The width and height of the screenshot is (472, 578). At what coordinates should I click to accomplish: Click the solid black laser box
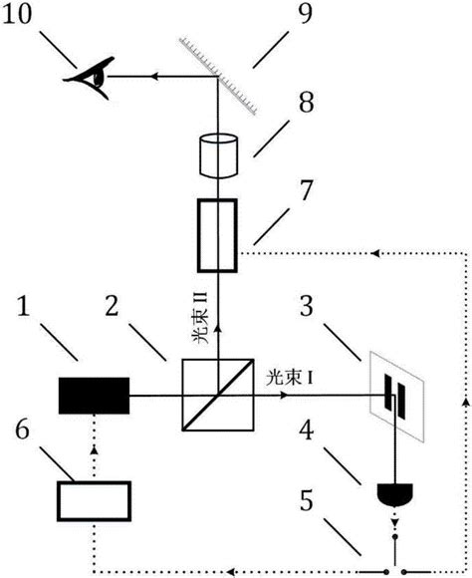(x=95, y=396)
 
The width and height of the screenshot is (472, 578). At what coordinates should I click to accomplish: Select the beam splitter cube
(x=215, y=395)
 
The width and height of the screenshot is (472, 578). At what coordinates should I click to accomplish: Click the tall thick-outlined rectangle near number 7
(x=215, y=235)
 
